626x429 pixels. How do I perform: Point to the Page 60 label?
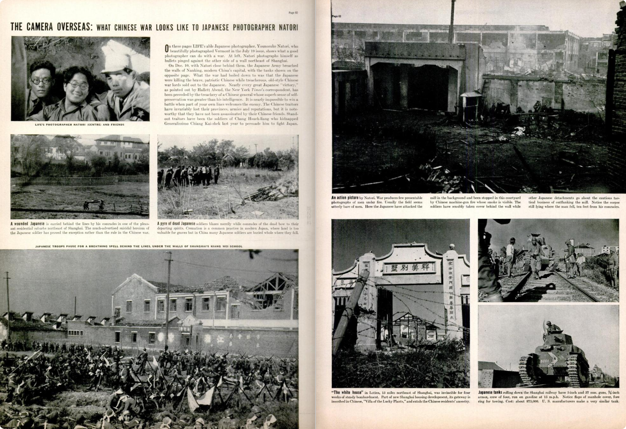tap(293, 13)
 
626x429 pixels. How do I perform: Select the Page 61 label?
tap(336, 16)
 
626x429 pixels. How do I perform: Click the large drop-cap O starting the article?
tap(166, 49)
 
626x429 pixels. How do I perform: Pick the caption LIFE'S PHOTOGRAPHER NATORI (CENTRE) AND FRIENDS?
tap(79, 125)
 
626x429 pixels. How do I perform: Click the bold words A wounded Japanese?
tap(27, 224)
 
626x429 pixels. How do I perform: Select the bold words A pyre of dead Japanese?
tap(176, 224)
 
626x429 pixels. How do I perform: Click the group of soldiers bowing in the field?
tap(189, 175)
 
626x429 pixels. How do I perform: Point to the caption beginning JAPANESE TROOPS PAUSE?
tap(139, 246)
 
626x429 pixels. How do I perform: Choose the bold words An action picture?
tap(345, 198)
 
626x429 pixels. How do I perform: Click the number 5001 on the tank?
tap(544, 361)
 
